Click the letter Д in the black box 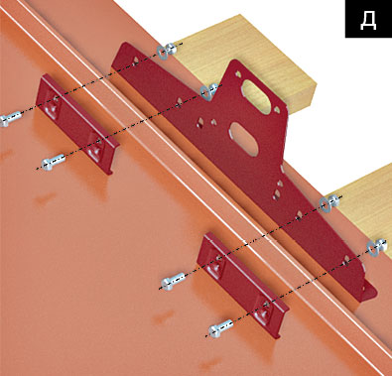click(x=368, y=22)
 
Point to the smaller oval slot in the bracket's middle click(x=244, y=138)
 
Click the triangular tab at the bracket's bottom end click(x=369, y=291)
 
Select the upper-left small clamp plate click(x=76, y=124)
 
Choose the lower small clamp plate click(x=242, y=285)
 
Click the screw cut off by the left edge click(x=9, y=119)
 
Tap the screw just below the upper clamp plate click(x=53, y=162)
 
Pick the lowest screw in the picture click(x=220, y=328)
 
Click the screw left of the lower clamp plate click(x=173, y=281)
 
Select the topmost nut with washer click(x=167, y=51)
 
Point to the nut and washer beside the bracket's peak click(x=209, y=91)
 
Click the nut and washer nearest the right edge click(x=377, y=247)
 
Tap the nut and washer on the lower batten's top click(x=330, y=202)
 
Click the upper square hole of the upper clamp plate click(x=54, y=103)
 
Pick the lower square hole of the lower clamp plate click(x=263, y=309)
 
